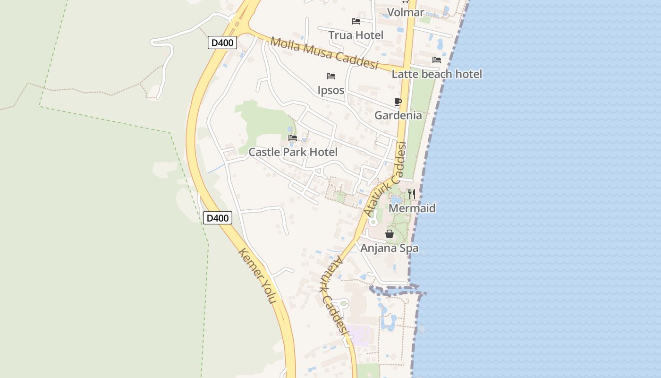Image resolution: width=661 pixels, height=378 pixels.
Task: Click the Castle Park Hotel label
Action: click(293, 152)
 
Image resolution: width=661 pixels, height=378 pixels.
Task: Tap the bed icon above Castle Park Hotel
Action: click(293, 138)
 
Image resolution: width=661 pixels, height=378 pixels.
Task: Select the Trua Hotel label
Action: click(356, 35)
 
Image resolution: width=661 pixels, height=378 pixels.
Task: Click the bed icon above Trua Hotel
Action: click(356, 21)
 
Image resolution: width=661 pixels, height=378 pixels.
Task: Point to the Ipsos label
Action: click(331, 90)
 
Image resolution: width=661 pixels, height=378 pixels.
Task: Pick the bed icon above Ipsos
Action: click(331, 76)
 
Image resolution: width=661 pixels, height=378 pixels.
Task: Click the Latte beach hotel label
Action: click(437, 74)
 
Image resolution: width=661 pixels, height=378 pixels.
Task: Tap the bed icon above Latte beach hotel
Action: click(437, 60)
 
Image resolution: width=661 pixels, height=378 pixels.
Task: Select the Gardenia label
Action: click(398, 115)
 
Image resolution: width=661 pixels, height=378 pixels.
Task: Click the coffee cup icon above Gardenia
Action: click(398, 102)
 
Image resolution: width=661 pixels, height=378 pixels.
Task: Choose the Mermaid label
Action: click(412, 208)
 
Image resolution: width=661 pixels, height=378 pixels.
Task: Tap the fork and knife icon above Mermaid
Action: click(412, 194)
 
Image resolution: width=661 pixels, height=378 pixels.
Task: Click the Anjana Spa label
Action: click(390, 248)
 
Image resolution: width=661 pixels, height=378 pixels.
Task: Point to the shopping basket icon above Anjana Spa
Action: click(390, 234)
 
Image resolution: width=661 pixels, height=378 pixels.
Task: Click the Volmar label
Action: click(406, 12)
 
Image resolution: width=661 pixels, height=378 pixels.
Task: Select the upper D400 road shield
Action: click(222, 43)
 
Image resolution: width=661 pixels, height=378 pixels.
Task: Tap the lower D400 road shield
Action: click(218, 218)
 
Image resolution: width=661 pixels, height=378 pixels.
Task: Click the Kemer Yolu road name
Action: click(257, 275)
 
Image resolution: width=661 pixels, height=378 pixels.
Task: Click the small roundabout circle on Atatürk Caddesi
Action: click(373, 222)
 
